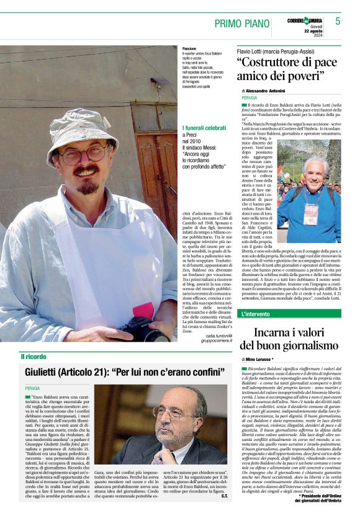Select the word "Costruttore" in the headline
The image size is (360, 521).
click(271, 64)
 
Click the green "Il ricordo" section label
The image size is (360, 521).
click(34, 356)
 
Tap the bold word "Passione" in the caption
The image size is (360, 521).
click(173, 48)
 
